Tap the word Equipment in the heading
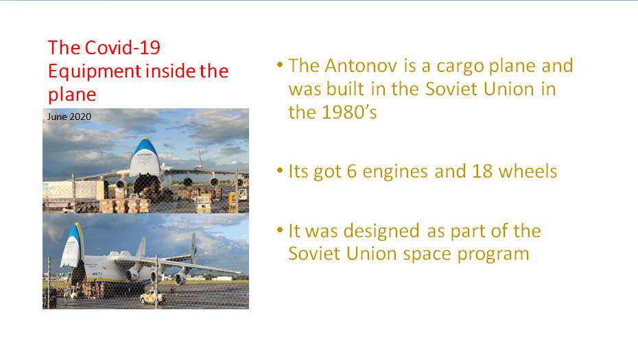(x=95, y=71)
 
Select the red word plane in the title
(x=72, y=95)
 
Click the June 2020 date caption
(x=69, y=117)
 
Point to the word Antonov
(x=360, y=66)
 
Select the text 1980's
(x=349, y=112)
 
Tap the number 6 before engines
(x=351, y=171)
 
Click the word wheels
(x=528, y=171)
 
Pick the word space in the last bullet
(x=427, y=254)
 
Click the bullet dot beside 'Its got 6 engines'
(x=279, y=171)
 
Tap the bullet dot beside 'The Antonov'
(x=279, y=64)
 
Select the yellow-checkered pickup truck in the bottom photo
(x=152, y=298)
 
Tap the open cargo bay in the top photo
(x=145, y=184)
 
